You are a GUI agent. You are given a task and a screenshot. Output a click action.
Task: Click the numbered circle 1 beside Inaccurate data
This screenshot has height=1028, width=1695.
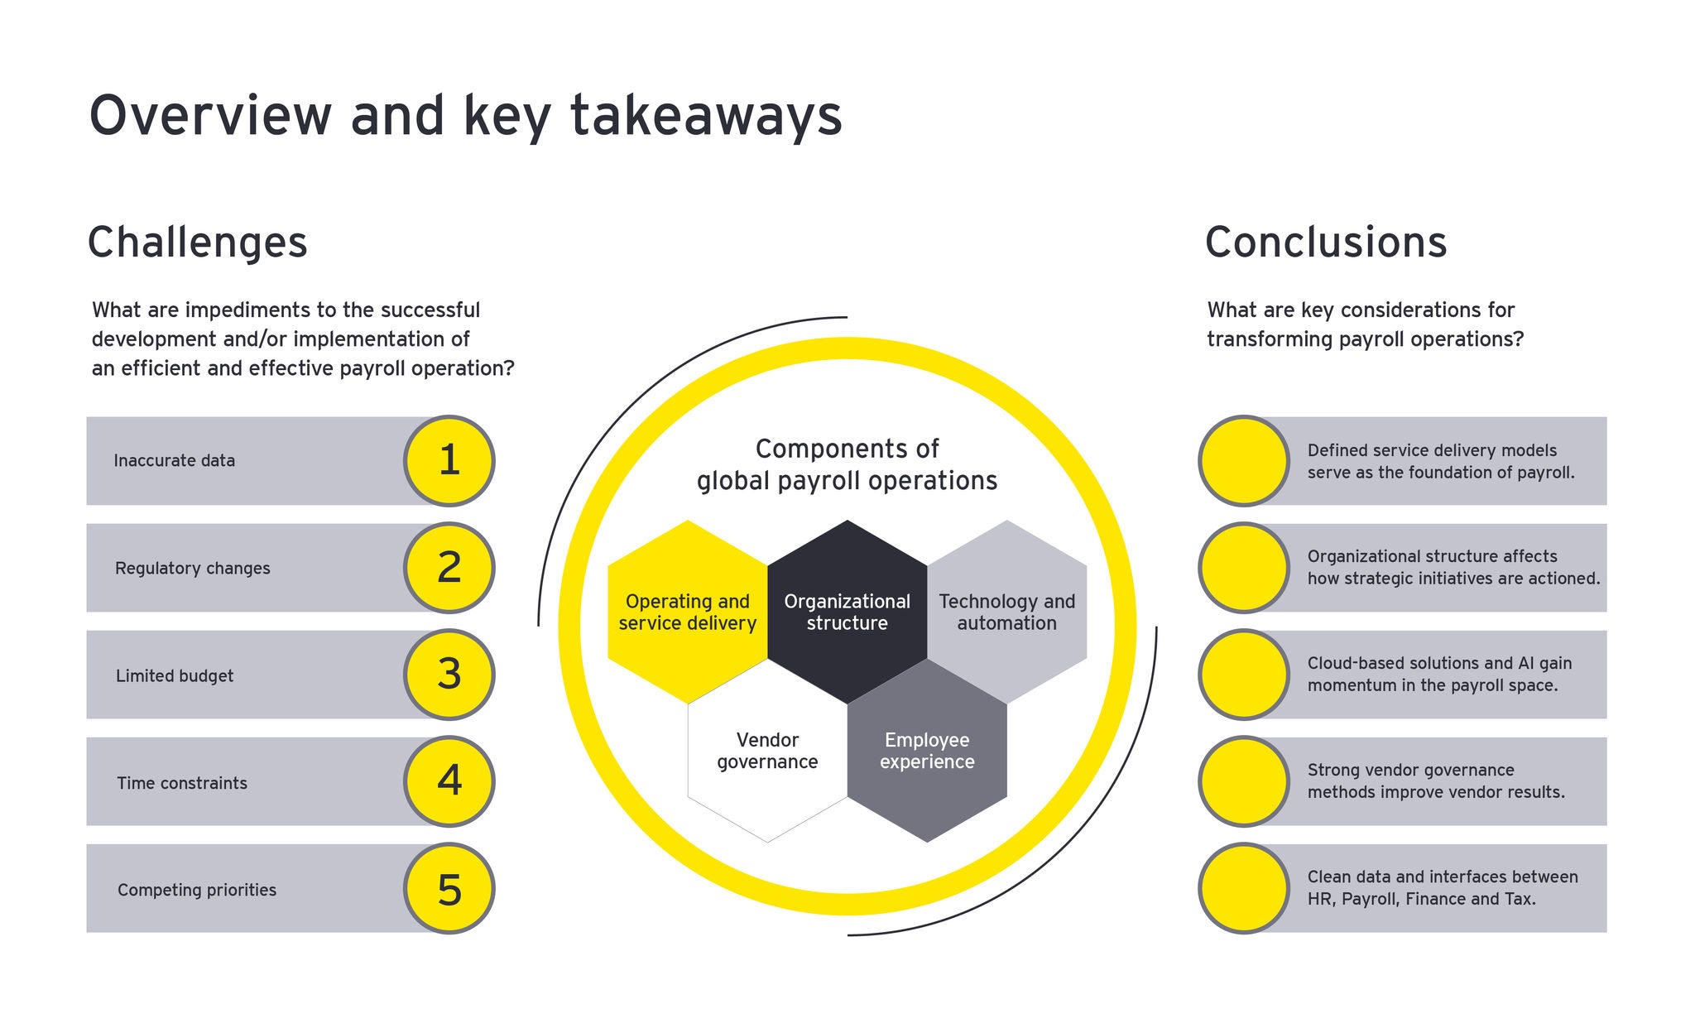[449, 461]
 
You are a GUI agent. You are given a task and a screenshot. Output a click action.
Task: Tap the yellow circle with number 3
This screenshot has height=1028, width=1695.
[449, 675]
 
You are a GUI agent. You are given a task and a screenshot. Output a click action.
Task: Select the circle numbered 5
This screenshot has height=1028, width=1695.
[449, 889]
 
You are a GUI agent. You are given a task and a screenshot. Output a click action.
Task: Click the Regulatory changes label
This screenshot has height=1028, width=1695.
[193, 569]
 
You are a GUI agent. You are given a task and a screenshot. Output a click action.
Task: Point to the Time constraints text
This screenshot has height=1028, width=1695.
[182, 783]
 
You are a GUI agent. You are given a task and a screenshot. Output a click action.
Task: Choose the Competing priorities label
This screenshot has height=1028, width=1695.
[197, 890]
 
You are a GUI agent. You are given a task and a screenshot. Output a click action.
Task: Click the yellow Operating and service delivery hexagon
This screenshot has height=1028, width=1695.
[687, 612]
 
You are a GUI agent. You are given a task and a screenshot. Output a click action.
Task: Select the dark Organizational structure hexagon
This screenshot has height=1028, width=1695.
[847, 612]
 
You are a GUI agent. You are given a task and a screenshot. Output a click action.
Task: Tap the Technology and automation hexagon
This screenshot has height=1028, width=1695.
[1006, 612]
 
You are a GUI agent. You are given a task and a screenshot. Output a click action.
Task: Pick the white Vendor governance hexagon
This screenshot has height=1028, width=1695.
[767, 751]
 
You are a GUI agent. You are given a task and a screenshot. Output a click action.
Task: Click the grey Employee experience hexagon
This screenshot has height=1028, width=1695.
[927, 751]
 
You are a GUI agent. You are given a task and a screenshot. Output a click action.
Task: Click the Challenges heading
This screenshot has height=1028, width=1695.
[197, 243]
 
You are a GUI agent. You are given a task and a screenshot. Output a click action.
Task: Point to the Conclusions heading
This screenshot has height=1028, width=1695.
[1325, 243]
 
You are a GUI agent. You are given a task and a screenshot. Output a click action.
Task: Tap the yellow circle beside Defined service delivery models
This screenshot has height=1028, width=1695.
[1243, 461]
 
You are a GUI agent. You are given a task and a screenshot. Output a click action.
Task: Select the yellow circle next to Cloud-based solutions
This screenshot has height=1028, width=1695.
[1243, 675]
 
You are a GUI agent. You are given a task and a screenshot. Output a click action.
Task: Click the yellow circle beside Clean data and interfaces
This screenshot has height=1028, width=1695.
[1243, 889]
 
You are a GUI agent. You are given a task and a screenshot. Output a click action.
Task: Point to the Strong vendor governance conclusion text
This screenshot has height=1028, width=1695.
[1436, 781]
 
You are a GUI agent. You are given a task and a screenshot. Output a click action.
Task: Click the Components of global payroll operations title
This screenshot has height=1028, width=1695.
[847, 464]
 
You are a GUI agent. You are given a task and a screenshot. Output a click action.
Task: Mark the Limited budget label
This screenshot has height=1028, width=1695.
[175, 676]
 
